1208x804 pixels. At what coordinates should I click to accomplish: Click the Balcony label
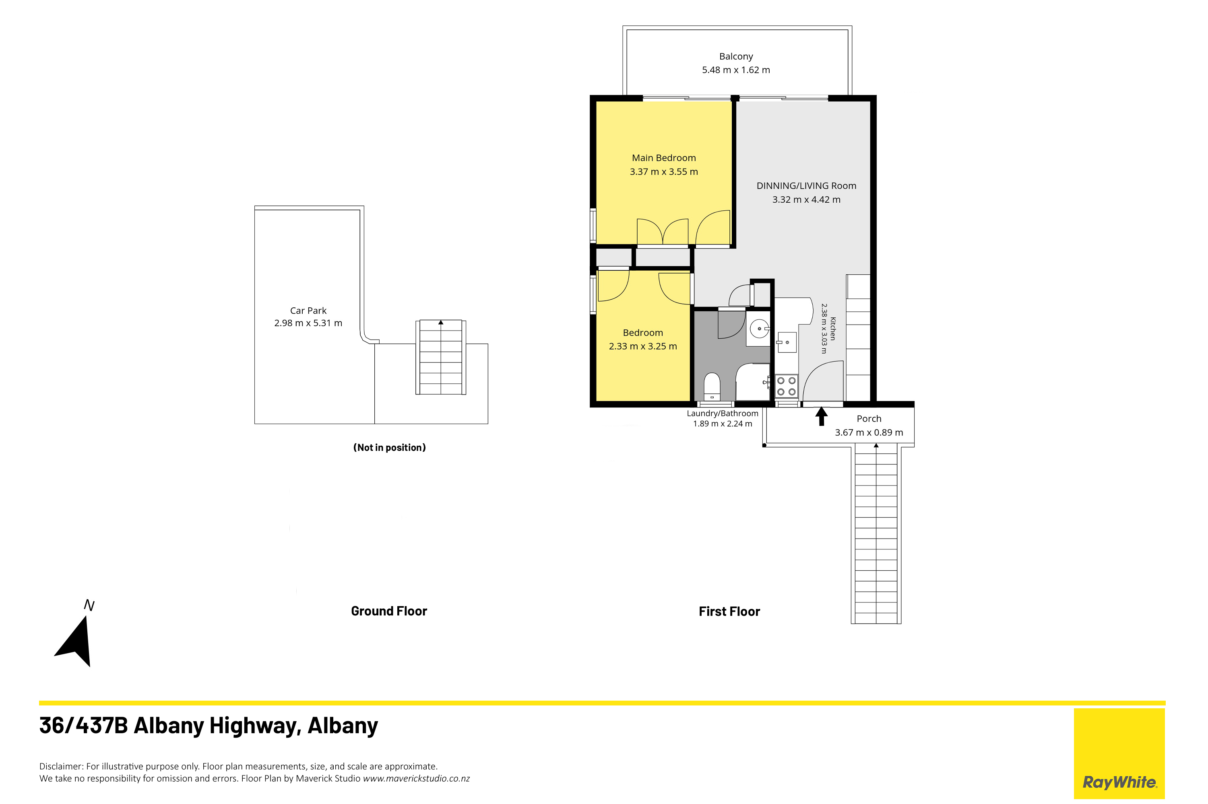tap(735, 56)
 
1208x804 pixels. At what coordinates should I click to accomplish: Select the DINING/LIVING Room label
tap(806, 186)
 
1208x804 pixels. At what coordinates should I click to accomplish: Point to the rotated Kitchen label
tap(832, 329)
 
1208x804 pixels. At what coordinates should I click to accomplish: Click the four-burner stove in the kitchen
tap(786, 386)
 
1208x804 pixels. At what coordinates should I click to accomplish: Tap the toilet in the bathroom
tap(712, 386)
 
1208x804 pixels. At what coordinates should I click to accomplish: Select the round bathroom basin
tap(759, 329)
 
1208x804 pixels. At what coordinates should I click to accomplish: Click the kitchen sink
tap(786, 341)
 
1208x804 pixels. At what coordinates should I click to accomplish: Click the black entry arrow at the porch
tap(821, 416)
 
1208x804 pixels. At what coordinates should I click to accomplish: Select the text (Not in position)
tap(390, 447)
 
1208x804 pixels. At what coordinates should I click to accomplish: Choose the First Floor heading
tap(729, 611)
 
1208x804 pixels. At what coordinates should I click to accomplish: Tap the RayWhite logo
tap(1119, 754)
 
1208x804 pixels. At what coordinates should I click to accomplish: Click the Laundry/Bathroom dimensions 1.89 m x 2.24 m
tap(723, 424)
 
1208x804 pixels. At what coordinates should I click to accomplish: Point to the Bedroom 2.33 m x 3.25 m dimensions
tap(642, 346)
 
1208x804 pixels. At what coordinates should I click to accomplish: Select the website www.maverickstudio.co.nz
tap(416, 778)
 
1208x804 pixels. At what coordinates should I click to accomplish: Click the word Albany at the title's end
tap(343, 726)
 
